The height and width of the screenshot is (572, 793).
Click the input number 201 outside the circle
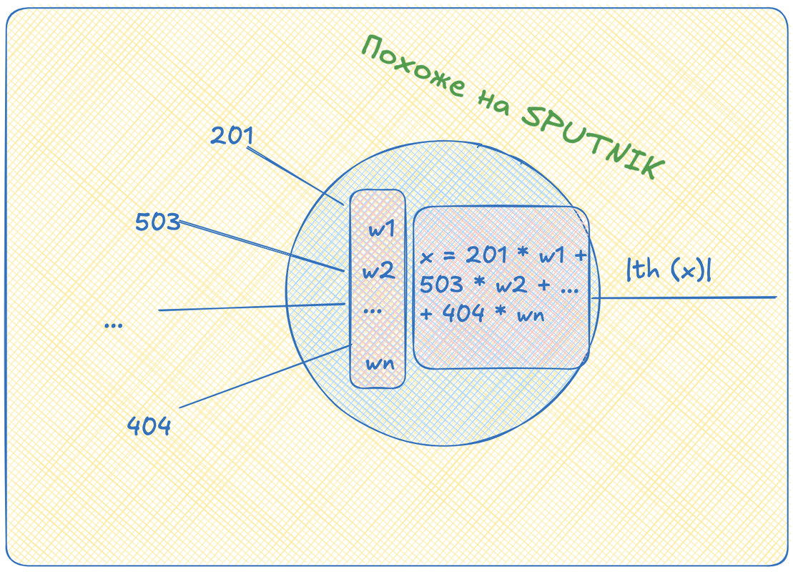232,135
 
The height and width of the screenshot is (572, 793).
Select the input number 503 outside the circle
157,222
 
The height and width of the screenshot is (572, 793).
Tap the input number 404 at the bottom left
149,427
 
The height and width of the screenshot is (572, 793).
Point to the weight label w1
381,230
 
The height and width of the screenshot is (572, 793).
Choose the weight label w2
378,271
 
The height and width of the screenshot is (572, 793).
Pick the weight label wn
380,363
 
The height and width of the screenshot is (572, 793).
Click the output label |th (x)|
669,270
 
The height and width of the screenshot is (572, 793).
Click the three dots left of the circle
113,325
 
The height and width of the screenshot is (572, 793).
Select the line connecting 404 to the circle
265,377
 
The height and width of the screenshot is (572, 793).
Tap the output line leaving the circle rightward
686,297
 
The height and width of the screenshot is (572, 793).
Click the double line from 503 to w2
261,245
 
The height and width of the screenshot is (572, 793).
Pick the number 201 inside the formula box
486,255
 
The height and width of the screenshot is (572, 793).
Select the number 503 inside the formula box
441,285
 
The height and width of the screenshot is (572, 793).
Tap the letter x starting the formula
427,257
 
